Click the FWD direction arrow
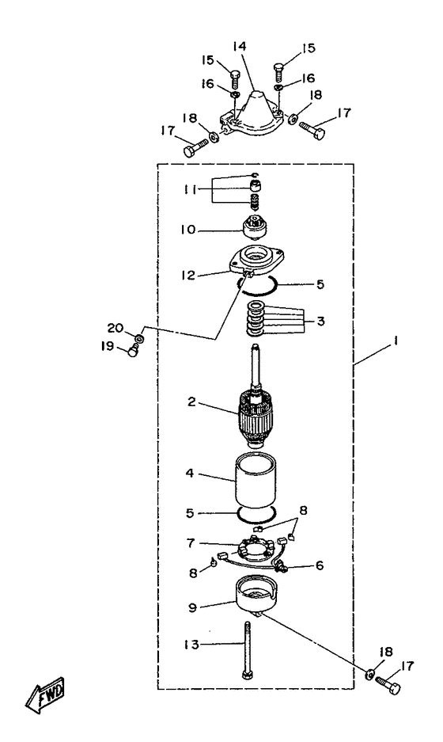coord(45,695)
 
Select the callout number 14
coord(240,47)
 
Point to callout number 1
coord(396,341)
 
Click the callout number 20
coord(115,328)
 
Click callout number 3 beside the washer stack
coord(321,321)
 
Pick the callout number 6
coord(320,565)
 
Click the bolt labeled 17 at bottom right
coord(388,684)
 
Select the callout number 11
coord(191,190)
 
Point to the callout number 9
coord(192,607)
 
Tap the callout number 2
coord(191,402)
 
